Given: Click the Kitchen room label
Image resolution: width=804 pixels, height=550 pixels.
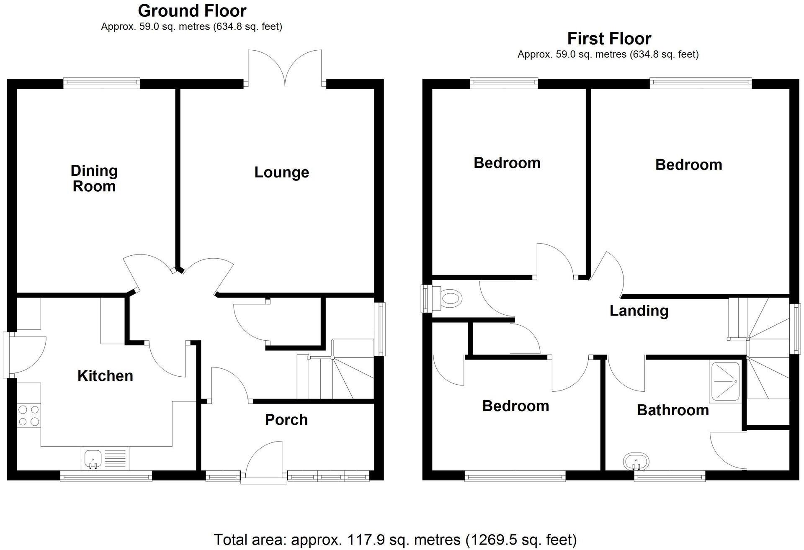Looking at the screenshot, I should (x=105, y=376).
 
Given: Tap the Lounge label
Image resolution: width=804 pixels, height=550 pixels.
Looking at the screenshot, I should (x=281, y=172).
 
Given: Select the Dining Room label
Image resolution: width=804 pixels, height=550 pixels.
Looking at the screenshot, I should (x=94, y=178).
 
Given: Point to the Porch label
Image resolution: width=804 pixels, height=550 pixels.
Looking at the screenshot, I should (x=286, y=420).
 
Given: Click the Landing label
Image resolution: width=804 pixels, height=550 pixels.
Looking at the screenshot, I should (x=639, y=311).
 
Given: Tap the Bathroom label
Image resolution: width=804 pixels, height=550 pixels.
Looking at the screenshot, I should (x=673, y=410).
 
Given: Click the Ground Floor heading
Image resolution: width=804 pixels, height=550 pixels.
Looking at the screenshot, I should (x=192, y=10).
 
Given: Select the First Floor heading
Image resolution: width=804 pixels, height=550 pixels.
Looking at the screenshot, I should (x=609, y=39).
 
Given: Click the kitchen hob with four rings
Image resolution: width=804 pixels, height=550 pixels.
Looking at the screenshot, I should (x=29, y=415).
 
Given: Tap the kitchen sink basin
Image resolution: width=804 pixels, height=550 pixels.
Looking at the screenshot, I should (x=93, y=458).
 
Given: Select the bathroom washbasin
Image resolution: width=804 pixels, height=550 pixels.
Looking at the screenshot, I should (x=636, y=462).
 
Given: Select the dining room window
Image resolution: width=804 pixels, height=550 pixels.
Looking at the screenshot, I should (x=101, y=83).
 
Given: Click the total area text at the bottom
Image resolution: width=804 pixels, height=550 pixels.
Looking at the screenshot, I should (x=395, y=540).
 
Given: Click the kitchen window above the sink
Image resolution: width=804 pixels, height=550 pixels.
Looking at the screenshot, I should (x=106, y=476).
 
